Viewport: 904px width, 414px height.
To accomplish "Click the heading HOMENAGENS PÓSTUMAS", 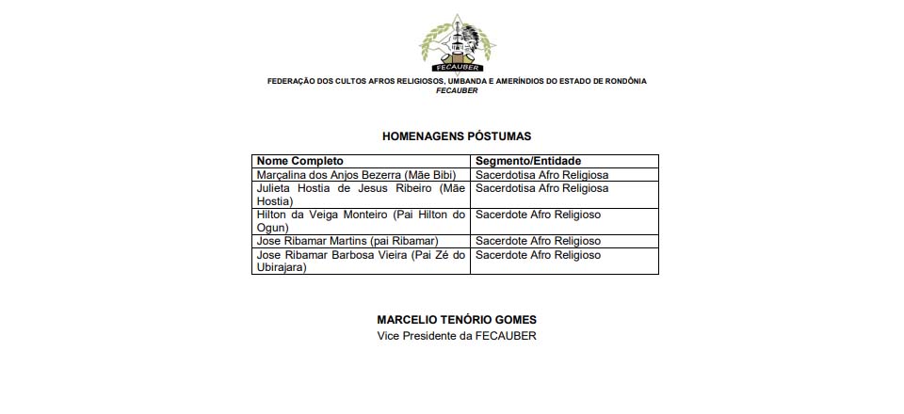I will [x=457, y=136].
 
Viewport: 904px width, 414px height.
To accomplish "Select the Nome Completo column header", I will [x=300, y=161].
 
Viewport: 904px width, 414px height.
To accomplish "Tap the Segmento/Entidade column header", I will [x=527, y=161].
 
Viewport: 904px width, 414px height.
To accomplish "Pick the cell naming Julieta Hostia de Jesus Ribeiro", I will [x=361, y=194].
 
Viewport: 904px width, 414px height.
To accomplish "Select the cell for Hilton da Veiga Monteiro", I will [x=361, y=221].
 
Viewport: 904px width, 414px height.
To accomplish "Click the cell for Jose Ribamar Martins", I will [x=347, y=241].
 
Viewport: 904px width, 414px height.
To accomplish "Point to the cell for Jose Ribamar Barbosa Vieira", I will [x=361, y=261].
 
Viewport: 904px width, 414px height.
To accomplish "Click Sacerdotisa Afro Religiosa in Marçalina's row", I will [x=542, y=175].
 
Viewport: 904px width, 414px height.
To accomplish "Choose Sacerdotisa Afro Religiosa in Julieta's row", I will [x=542, y=188].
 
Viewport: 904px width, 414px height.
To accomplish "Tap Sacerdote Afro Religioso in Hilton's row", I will [x=538, y=215].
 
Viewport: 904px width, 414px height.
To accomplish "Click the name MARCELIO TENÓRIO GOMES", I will [x=457, y=320].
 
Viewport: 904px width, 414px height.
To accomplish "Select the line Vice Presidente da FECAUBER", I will [x=457, y=336].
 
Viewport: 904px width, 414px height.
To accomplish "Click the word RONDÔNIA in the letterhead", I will [x=622, y=81].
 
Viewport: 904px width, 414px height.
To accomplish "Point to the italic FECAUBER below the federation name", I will [x=457, y=90].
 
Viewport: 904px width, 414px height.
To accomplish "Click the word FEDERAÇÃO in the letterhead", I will [x=292, y=81].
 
